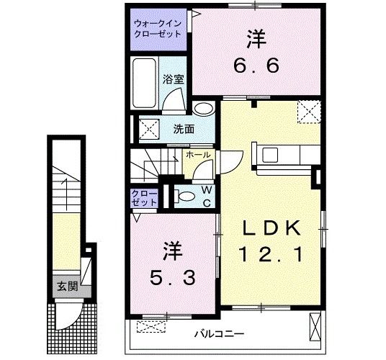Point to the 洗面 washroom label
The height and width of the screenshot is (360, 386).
[184, 130]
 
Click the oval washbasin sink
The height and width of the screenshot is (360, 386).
[204, 109]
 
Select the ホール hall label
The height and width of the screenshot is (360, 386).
[198, 155]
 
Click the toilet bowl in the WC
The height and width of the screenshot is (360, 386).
[185, 196]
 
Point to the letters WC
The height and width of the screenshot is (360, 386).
[206, 196]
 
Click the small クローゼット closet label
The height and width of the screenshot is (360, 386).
[144, 198]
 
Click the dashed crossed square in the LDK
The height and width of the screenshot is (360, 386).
[310, 112]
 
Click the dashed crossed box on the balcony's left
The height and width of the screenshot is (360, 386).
[151, 326]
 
